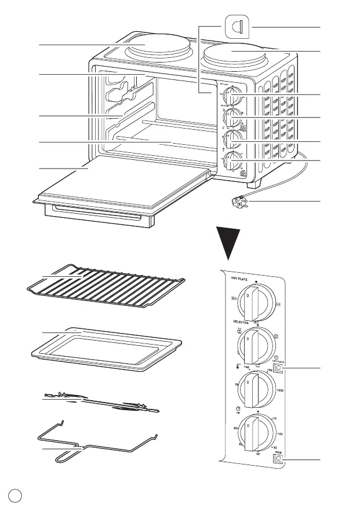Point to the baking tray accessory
coord(104,348)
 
